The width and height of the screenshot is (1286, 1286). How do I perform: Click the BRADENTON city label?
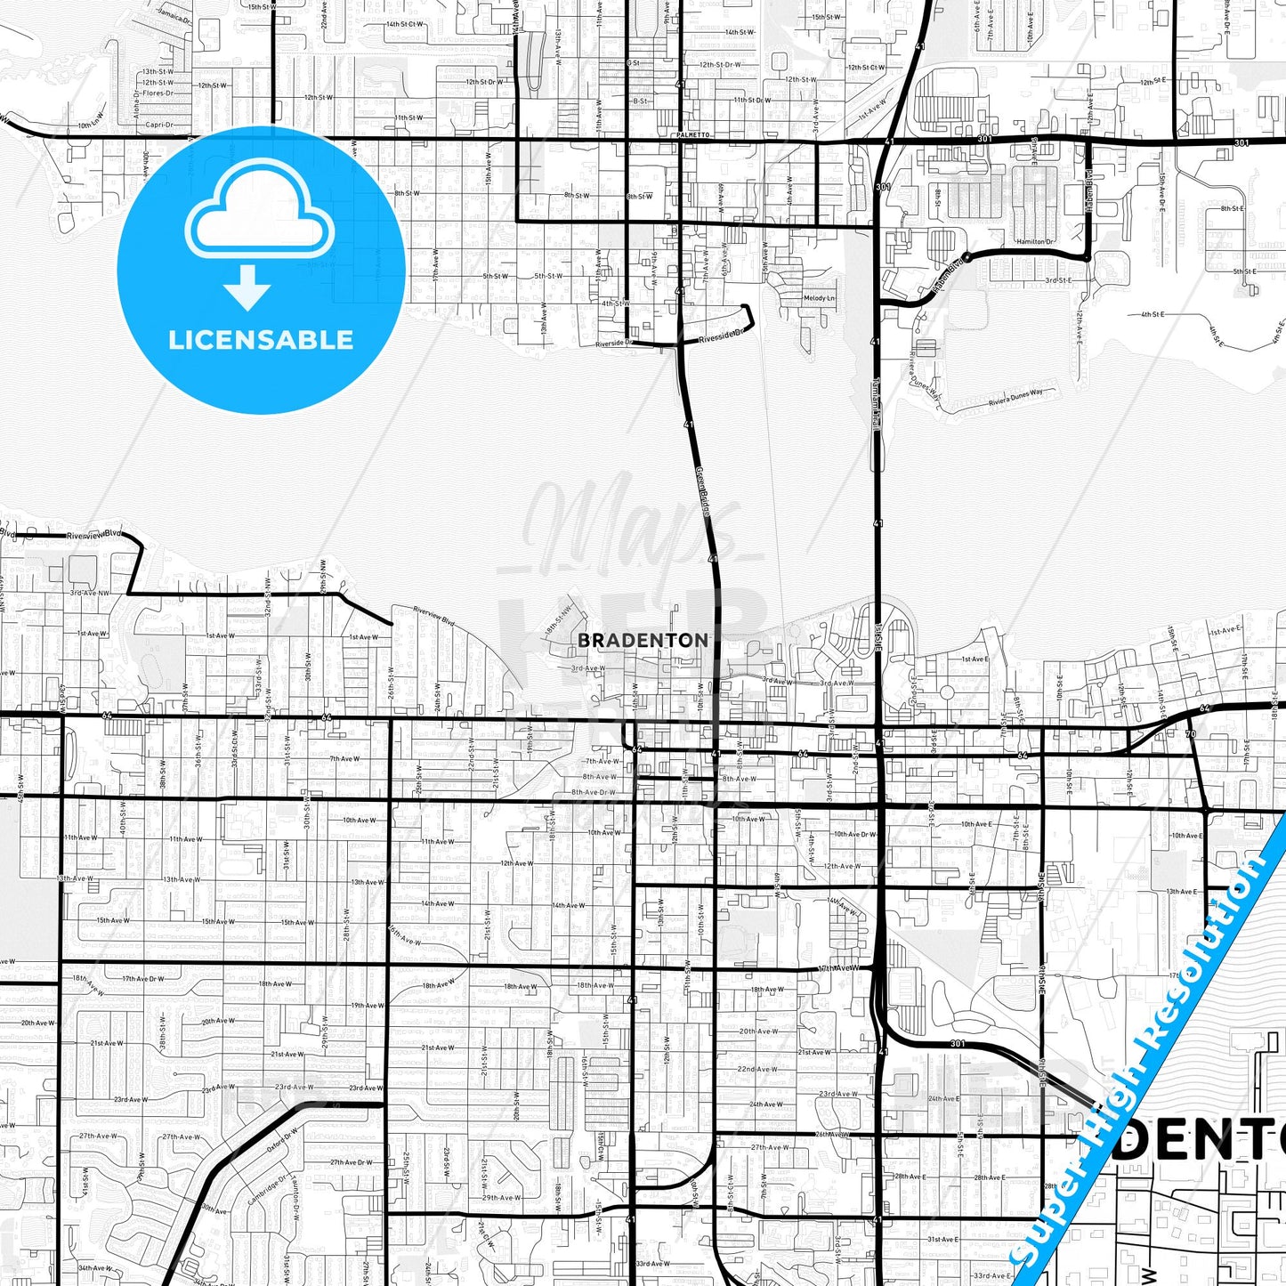643,640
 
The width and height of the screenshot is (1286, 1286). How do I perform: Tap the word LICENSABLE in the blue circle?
261,340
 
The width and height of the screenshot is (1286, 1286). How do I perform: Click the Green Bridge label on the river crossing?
703,492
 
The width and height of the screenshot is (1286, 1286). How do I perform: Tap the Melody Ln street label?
819,299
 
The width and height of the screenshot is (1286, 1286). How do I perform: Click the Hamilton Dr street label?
1035,242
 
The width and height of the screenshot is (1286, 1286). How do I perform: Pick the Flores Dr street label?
157,93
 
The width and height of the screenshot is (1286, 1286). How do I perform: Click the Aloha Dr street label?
137,105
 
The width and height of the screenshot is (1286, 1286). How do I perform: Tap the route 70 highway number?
1191,735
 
